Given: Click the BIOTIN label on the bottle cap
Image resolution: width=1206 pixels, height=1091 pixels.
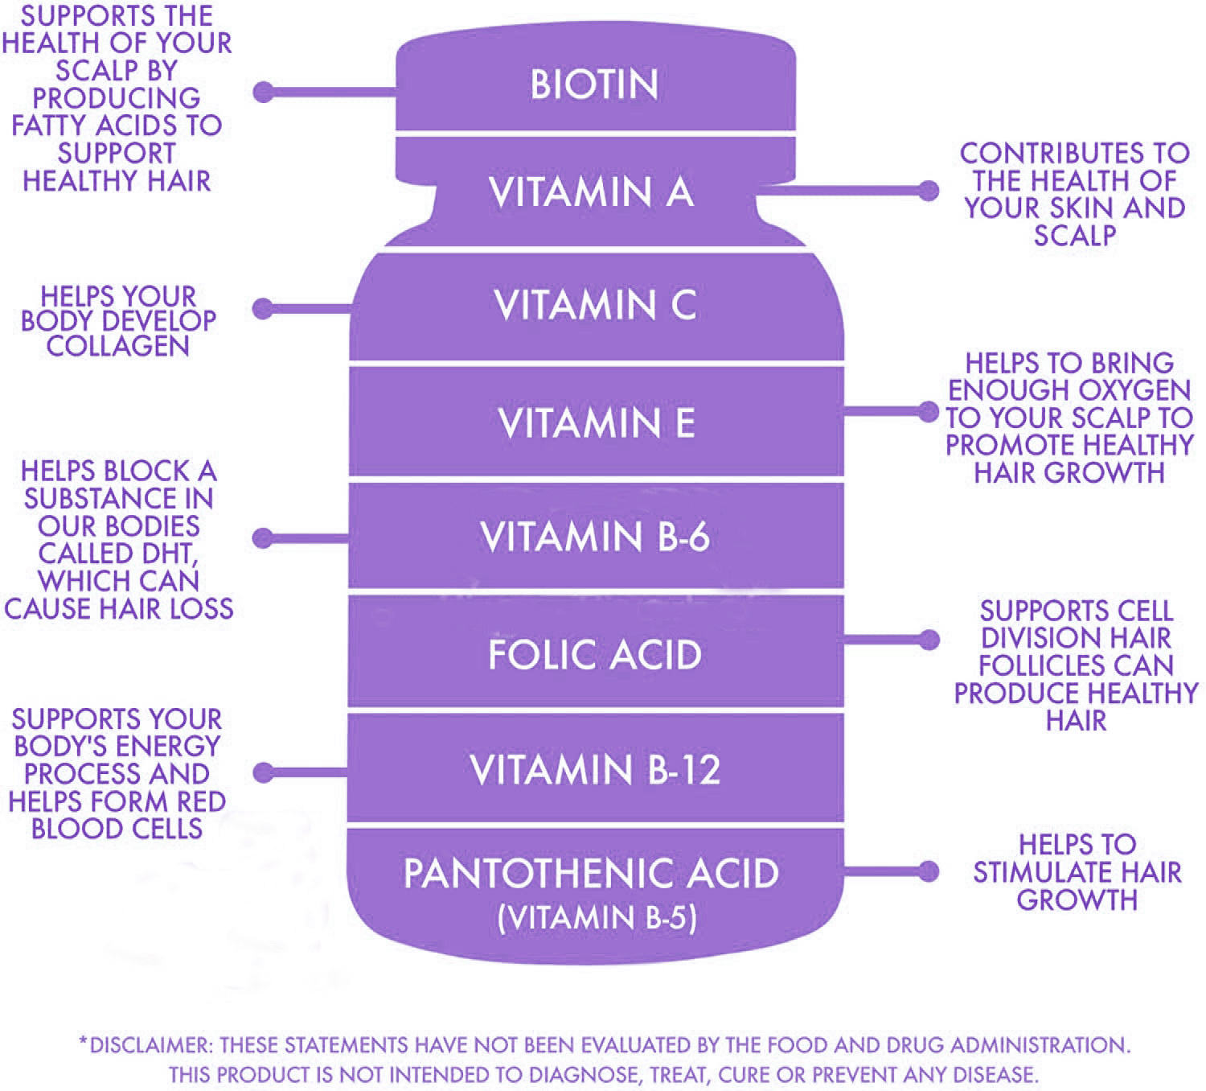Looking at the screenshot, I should (594, 84).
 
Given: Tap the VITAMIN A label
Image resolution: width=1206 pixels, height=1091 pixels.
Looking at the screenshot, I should (591, 191).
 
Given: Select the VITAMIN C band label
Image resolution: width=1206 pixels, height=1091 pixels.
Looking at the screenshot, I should (595, 305).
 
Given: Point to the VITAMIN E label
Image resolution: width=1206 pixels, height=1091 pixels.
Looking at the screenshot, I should (596, 423).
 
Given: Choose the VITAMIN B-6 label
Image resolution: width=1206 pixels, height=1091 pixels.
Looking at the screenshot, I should (595, 537).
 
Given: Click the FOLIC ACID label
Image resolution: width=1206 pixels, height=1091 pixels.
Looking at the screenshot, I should (595, 655).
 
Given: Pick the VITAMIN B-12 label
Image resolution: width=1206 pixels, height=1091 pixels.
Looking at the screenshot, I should (595, 769).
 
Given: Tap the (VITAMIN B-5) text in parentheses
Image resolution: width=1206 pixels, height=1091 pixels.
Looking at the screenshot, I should (597, 918).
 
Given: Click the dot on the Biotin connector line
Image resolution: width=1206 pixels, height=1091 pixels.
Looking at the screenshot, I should (263, 93).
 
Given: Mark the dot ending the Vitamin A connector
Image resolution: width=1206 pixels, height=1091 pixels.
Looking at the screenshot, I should (929, 191).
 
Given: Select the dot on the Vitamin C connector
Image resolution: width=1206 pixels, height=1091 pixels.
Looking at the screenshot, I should (263, 309).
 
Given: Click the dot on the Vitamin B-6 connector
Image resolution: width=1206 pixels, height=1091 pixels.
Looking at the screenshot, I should (263, 538).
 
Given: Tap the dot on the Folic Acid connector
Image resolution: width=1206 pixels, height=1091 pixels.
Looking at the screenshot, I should (929, 640).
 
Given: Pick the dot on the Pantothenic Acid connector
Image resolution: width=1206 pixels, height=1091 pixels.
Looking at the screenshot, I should (929, 871).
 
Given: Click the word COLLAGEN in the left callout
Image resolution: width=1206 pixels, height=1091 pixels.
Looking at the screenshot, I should (118, 346).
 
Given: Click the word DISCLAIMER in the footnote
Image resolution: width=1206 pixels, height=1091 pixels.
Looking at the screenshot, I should (150, 1045).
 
